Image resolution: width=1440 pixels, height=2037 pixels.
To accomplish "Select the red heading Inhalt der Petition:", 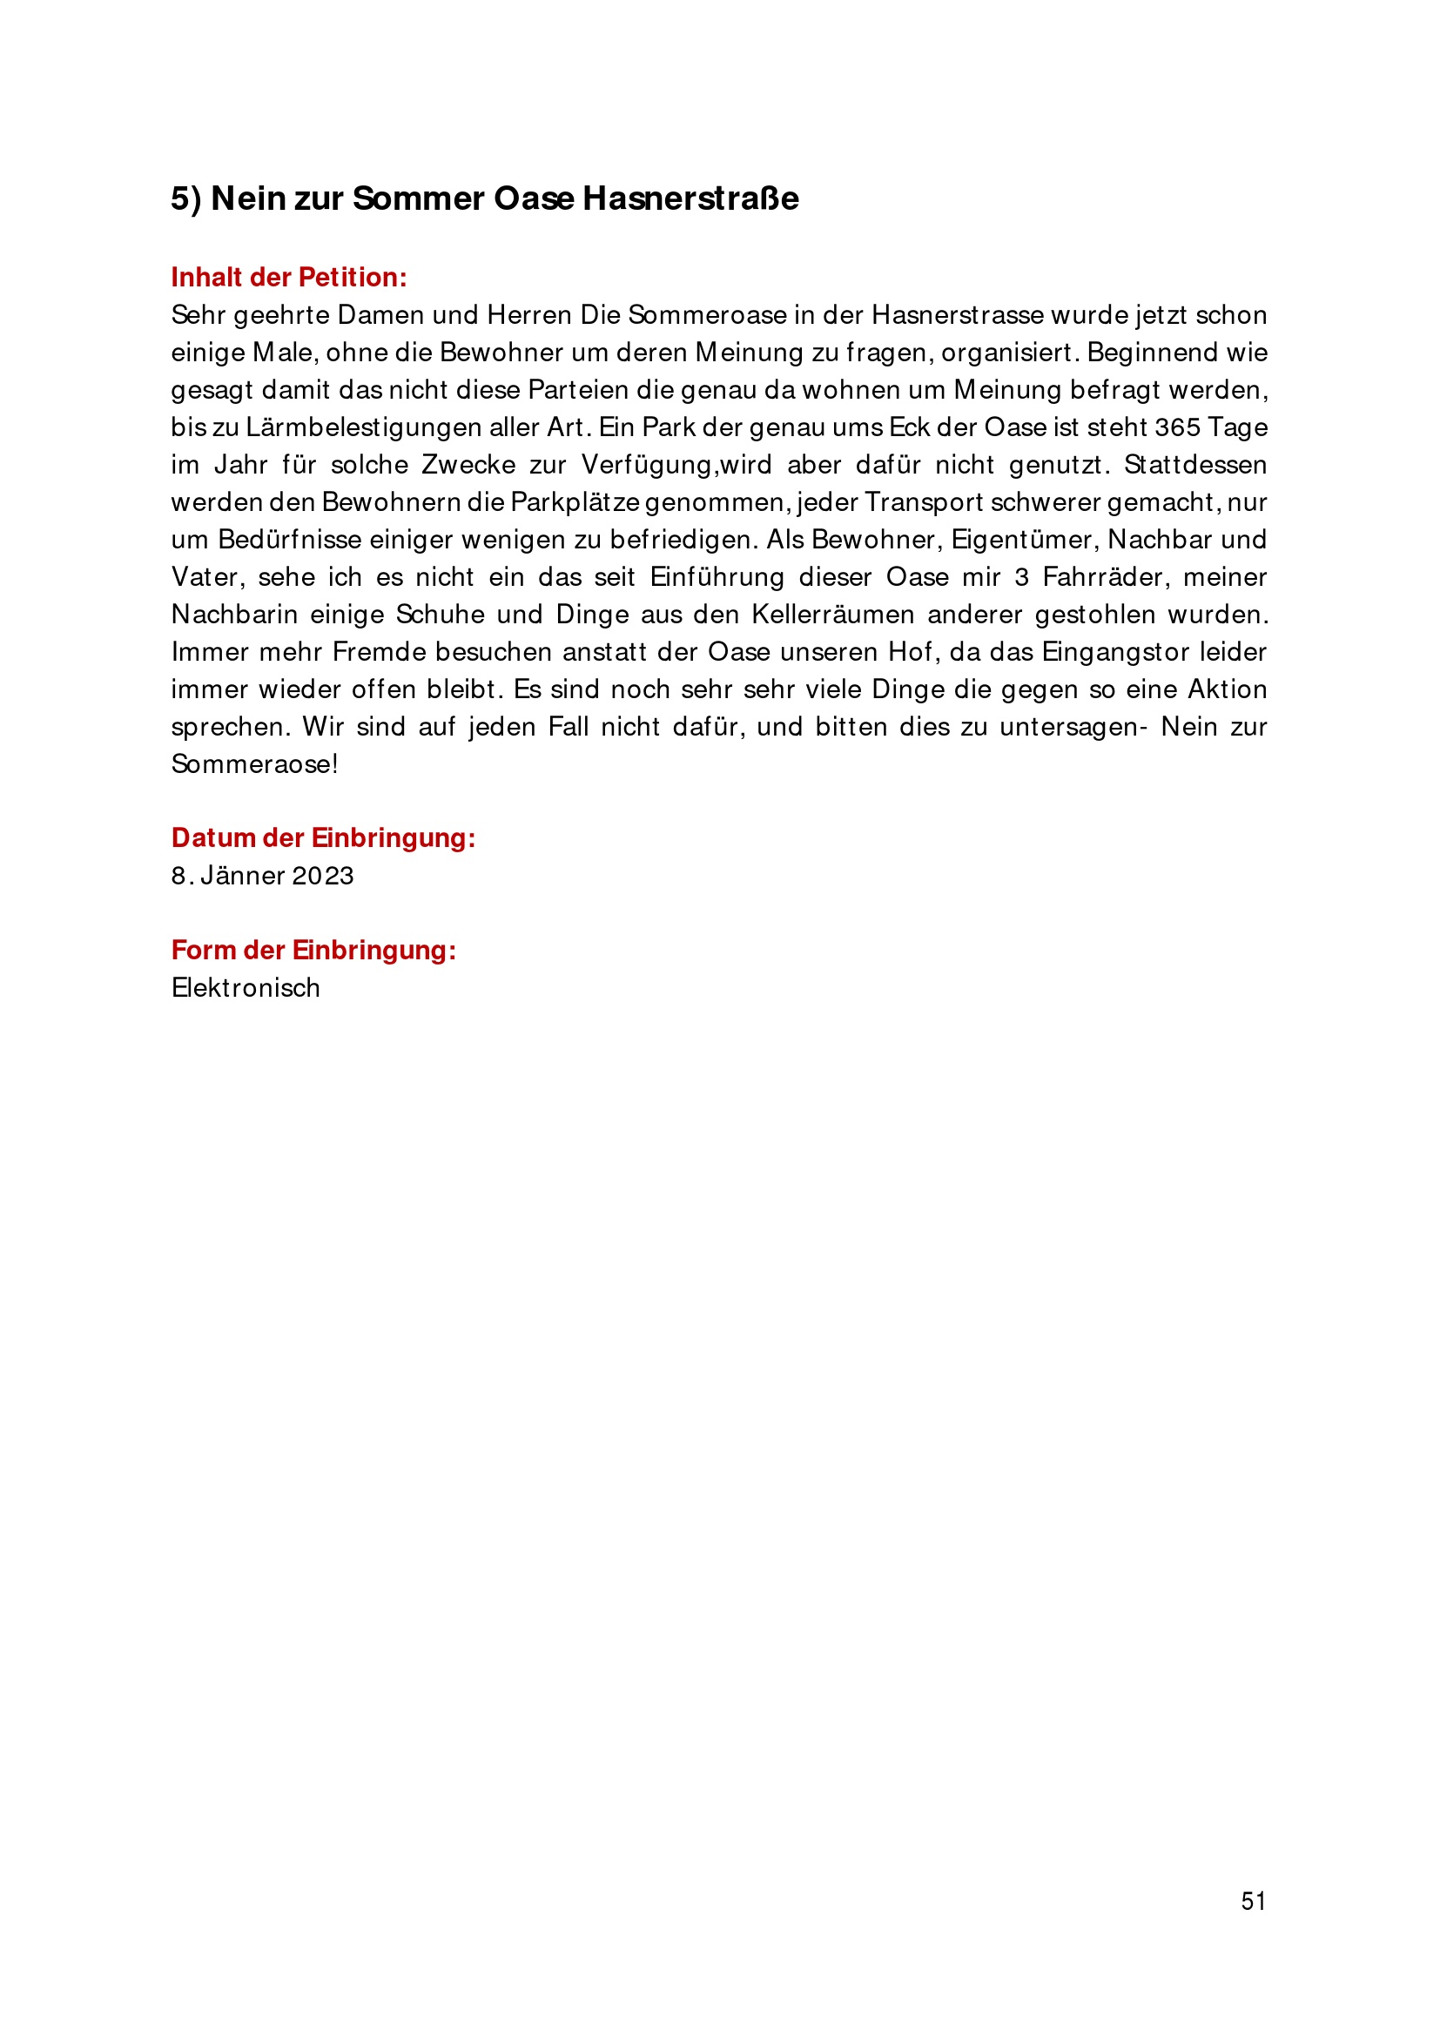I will point(289,278).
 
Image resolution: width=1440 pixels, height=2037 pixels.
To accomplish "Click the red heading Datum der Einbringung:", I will point(323,838).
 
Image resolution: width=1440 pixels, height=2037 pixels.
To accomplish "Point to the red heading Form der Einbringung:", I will point(313,951).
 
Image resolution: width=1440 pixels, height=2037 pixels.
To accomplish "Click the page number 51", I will point(1253,1901).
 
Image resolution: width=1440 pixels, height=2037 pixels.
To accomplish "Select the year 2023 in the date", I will point(323,877).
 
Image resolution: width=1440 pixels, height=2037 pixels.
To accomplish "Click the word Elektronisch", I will point(246,988).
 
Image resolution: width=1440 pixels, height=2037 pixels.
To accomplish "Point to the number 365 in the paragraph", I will point(1177,427).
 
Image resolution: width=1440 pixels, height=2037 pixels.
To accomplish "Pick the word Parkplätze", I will point(575,502).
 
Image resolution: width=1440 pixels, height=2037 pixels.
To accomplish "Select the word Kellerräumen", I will point(832,615).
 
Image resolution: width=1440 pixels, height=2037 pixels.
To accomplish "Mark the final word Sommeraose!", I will point(254,765).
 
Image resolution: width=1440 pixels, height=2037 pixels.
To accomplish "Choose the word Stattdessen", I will point(1195,465).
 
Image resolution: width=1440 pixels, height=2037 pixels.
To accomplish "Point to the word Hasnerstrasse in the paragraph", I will point(958,315).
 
